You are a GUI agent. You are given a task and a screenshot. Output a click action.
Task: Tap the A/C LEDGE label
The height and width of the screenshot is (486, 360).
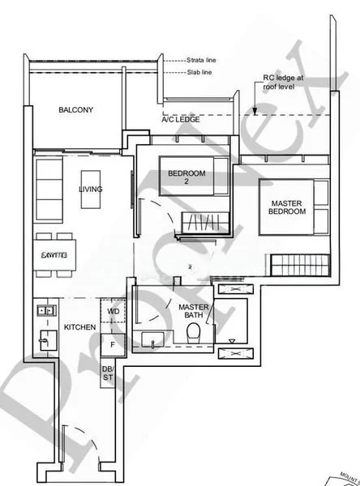(x=180, y=119)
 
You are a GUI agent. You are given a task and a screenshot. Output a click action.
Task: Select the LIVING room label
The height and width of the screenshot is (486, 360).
(x=91, y=190)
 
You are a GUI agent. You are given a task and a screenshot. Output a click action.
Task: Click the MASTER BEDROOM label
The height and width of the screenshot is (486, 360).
(x=288, y=207)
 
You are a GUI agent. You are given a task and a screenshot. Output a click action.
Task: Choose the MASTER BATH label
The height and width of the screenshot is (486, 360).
(x=195, y=311)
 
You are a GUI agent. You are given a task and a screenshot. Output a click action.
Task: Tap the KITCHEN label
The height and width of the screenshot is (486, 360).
(x=80, y=327)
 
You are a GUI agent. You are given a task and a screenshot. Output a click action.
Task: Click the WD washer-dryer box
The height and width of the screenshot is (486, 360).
(x=113, y=311)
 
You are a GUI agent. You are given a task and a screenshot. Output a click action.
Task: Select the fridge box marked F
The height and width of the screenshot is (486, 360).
(x=113, y=345)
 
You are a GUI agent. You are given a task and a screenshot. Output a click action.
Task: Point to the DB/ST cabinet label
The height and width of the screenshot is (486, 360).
(x=109, y=374)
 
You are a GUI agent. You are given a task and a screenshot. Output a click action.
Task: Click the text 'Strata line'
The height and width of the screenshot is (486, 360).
(x=201, y=61)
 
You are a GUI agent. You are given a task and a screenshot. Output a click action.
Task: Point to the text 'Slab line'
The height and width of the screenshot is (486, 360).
(x=199, y=72)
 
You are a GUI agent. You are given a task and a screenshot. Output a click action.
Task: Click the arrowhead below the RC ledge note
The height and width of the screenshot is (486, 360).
(x=255, y=111)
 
